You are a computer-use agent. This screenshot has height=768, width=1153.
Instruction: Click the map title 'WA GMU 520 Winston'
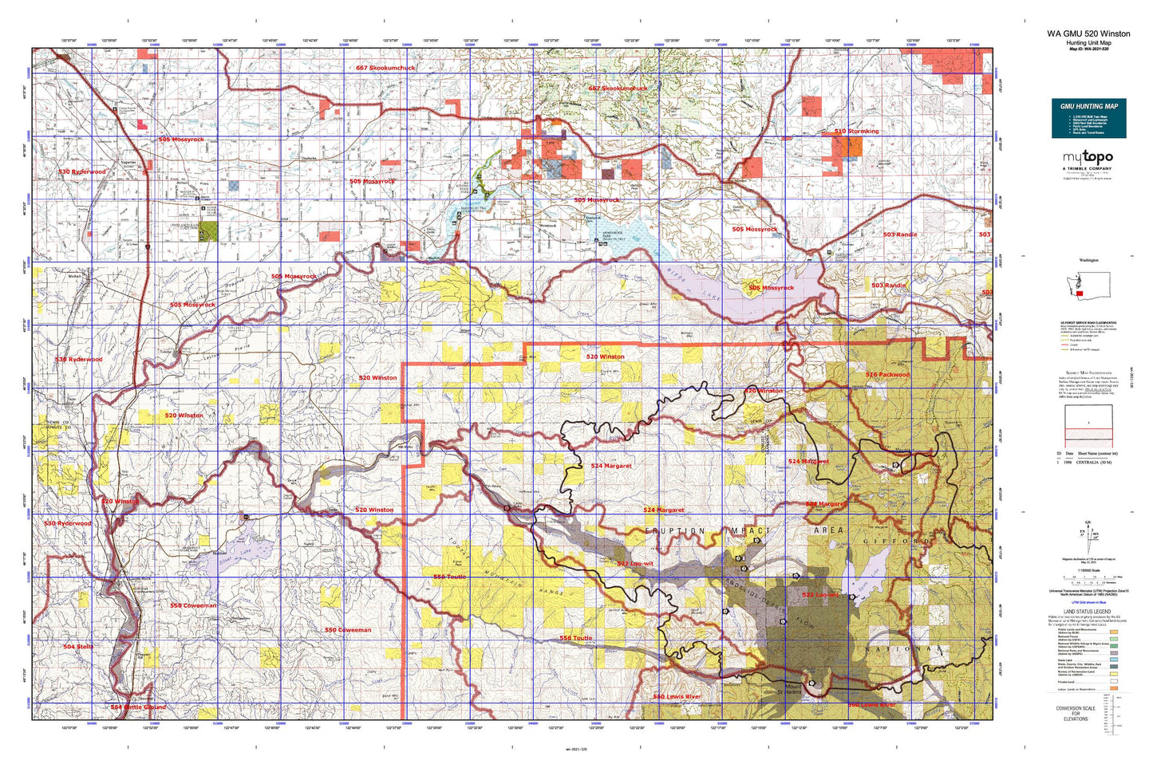tap(1088, 34)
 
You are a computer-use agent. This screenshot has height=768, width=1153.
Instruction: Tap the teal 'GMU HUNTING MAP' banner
tap(1088, 106)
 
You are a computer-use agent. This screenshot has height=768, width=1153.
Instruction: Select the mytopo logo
tap(1088, 158)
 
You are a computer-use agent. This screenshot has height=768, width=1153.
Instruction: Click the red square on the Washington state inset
tap(1080, 293)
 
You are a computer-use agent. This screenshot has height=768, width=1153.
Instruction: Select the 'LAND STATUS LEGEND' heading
tap(1088, 612)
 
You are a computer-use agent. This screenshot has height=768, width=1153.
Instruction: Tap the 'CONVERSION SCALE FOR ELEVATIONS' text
tap(1075, 714)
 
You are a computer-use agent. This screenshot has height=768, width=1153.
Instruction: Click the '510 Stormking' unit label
tap(856, 132)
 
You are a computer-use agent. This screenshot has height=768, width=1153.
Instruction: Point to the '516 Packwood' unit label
tap(887, 375)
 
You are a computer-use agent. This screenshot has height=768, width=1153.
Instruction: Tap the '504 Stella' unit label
tap(78, 647)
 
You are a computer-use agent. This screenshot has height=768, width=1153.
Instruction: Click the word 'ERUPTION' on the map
tap(675, 531)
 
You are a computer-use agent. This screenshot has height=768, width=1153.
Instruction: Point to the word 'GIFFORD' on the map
tap(898, 542)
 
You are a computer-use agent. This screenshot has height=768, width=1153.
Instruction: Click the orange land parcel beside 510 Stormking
tap(852, 147)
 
